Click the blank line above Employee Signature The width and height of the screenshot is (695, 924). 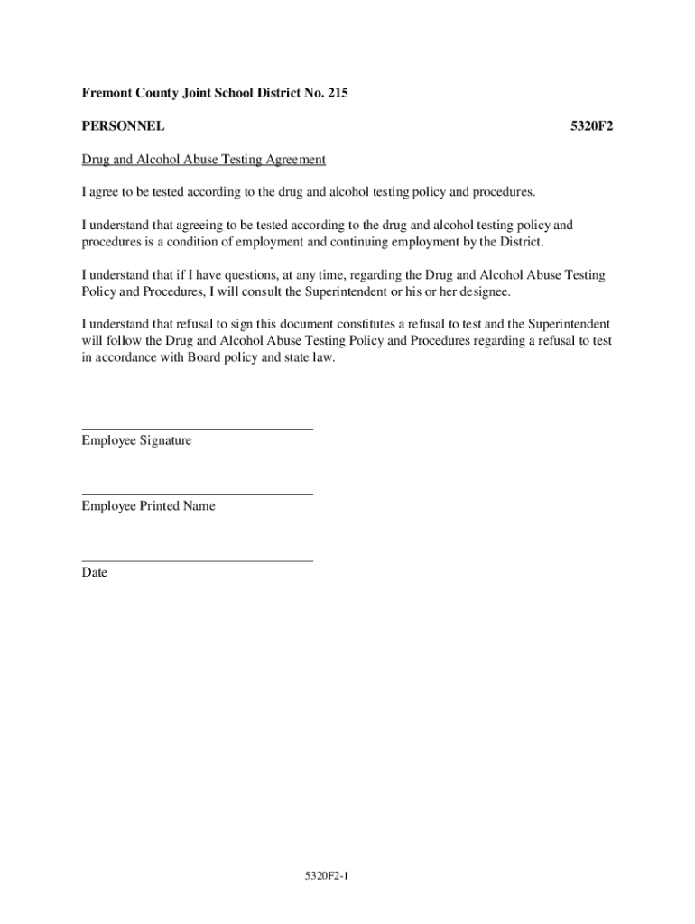coord(198,429)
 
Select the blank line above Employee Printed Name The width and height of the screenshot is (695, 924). coord(198,494)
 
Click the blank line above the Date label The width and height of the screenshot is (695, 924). coord(198,560)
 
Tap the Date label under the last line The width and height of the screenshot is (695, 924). coord(95,572)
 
